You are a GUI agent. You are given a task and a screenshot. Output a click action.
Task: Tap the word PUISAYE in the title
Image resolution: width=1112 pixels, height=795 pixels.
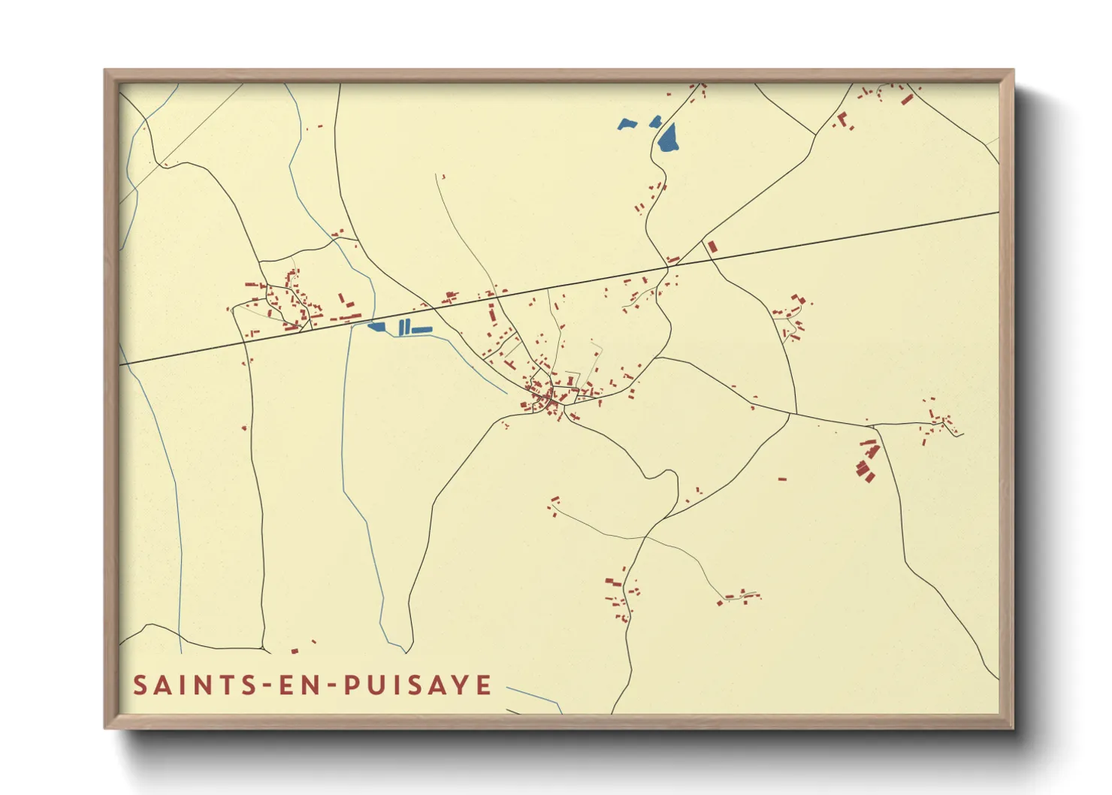[418, 685]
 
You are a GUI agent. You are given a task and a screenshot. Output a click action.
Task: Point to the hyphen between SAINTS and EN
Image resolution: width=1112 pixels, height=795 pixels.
[263, 686]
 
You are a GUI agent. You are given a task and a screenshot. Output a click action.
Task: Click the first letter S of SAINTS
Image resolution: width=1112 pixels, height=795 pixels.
[140, 685]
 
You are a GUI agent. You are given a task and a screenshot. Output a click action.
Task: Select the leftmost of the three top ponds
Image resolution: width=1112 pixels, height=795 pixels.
[627, 124]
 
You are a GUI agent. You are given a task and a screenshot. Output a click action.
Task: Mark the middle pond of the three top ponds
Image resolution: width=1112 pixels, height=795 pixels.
[655, 120]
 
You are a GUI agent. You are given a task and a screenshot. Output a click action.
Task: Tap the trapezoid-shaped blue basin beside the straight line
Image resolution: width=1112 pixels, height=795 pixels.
[377, 326]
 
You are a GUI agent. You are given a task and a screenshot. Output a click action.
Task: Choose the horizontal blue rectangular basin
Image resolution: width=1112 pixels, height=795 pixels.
[422, 329]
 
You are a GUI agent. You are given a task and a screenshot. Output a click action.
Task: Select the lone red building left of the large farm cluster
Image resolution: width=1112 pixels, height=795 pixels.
[782, 478]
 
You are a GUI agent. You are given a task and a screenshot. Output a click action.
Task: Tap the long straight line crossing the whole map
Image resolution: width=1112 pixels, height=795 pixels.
[826, 240]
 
